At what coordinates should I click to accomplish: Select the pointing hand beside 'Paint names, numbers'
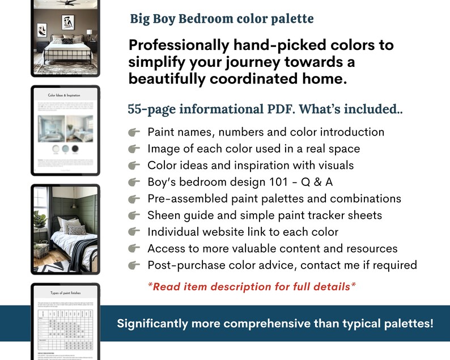(x=134, y=132)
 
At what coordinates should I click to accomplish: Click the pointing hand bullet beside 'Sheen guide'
(x=134, y=215)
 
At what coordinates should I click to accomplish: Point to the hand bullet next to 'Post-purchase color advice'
(x=134, y=265)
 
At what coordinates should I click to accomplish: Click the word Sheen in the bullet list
(x=164, y=215)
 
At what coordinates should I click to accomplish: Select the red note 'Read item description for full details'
(x=252, y=286)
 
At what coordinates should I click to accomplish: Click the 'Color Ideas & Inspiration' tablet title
(x=65, y=96)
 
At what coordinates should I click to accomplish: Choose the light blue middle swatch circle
(x=66, y=149)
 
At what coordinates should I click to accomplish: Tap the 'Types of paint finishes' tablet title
(x=65, y=293)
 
